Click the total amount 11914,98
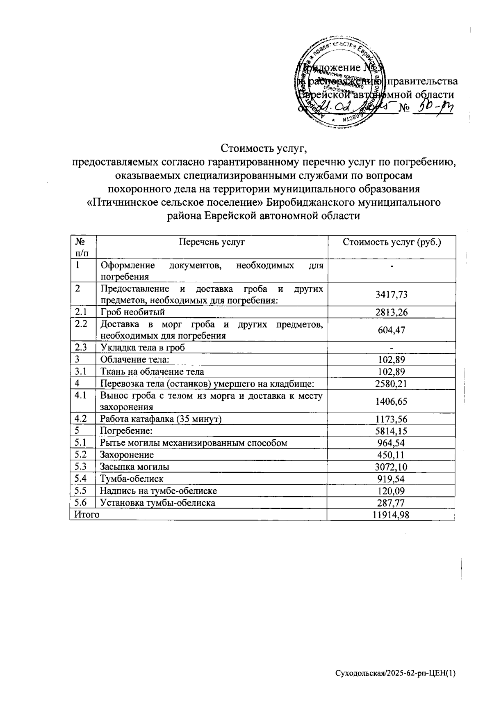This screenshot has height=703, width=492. tap(391, 515)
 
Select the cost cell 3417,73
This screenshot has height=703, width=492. tap(391, 294)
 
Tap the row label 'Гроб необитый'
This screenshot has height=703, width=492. tap(132, 313)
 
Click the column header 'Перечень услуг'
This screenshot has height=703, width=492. tap(212, 242)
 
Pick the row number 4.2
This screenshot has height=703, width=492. tap(81, 419)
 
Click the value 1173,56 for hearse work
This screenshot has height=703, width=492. tap(391, 419)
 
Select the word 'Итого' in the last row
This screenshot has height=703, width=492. tap(87, 515)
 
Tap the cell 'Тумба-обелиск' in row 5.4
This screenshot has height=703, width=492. tap(132, 479)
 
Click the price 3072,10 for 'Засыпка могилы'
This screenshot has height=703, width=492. tap(391, 467)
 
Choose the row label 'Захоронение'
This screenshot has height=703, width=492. tap(127, 455)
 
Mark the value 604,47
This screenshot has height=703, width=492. tap(391, 330)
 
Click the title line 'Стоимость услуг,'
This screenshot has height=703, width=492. tap(264, 147)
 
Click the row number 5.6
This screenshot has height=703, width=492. tap(81, 502)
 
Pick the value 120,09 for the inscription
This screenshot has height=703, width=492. tap(391, 491)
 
